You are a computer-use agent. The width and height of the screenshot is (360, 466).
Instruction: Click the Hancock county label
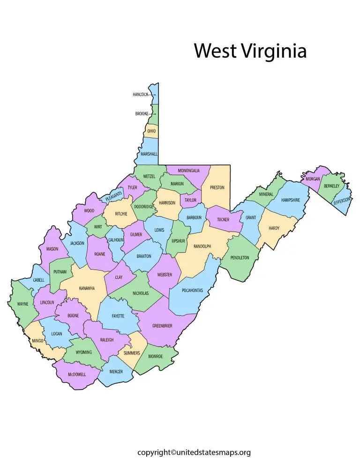tap(140, 95)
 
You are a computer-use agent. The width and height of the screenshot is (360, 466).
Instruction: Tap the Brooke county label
tap(142, 114)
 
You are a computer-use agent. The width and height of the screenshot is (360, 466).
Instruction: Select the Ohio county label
tap(151, 131)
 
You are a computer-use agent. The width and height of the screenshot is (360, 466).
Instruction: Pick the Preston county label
tap(217, 188)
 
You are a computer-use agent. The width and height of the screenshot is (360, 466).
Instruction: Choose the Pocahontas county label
tap(192, 291)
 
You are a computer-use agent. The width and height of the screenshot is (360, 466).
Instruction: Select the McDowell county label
tap(76, 374)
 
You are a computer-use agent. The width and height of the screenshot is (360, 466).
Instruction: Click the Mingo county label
tap(38, 341)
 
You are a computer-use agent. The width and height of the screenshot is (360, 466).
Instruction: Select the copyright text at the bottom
tap(194, 452)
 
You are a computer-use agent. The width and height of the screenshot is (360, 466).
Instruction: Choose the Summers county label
tap(132, 353)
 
